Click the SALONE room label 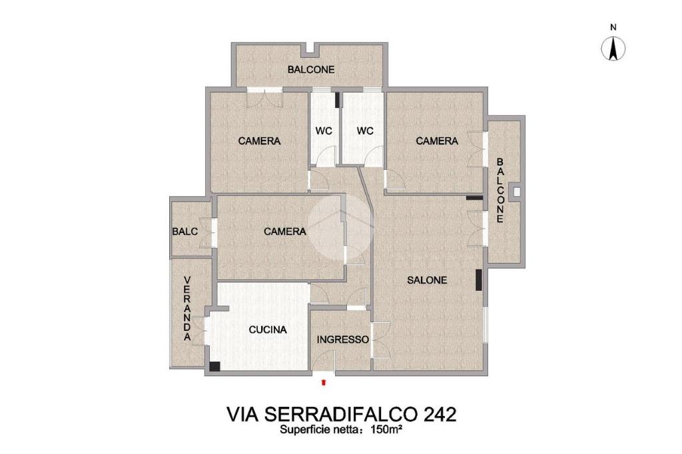pyautogui.click(x=427, y=280)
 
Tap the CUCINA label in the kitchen pyautogui.click(x=268, y=330)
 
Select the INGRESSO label pyautogui.click(x=343, y=340)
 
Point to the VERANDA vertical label pyautogui.click(x=187, y=308)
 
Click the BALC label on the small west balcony pyautogui.click(x=185, y=232)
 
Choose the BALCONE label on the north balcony pyautogui.click(x=311, y=70)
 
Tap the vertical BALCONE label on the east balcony pyautogui.click(x=500, y=190)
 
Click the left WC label pyautogui.click(x=324, y=131)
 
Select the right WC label pyautogui.click(x=365, y=131)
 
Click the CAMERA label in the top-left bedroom pyautogui.click(x=259, y=141)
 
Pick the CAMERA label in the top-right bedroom pyautogui.click(x=437, y=141)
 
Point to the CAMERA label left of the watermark pyautogui.click(x=285, y=232)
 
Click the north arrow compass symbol pyautogui.click(x=613, y=49)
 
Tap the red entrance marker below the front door pyautogui.click(x=323, y=382)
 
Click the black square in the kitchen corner pyautogui.click(x=214, y=366)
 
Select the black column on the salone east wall pyautogui.click(x=479, y=280)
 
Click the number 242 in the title pyautogui.click(x=440, y=415)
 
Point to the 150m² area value pyautogui.click(x=386, y=430)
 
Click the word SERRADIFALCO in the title pyautogui.click(x=342, y=415)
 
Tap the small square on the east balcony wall pyautogui.click(x=517, y=192)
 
